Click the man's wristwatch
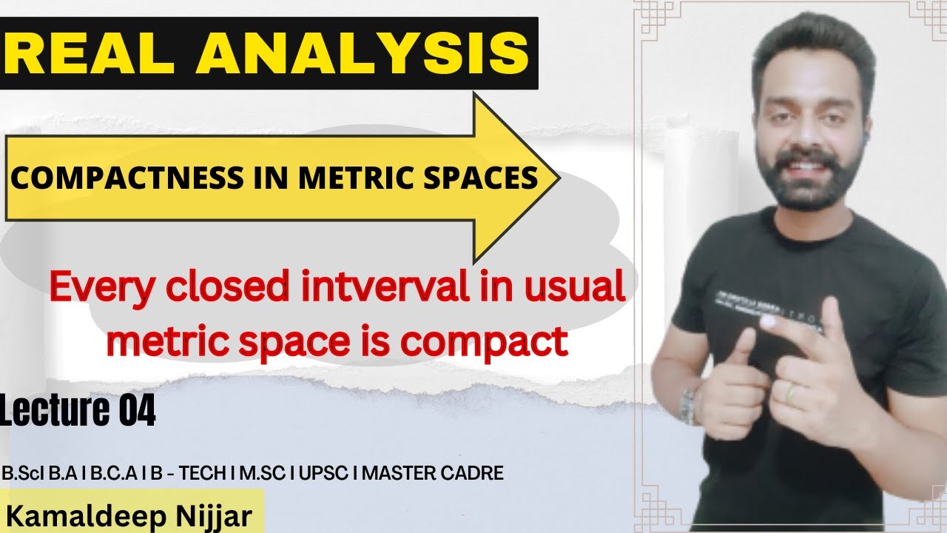[689, 406]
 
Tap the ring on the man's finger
[792, 393]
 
